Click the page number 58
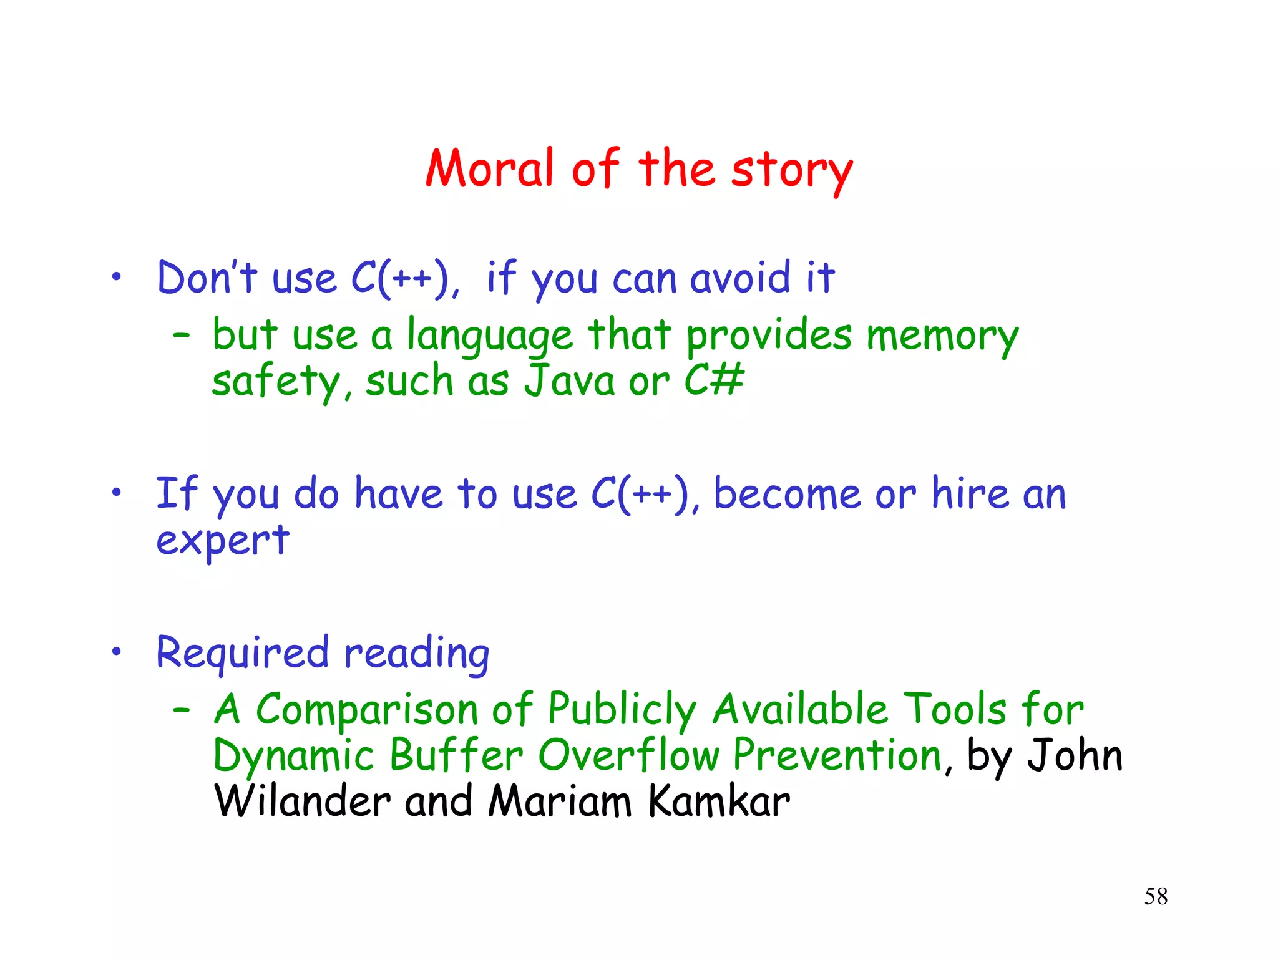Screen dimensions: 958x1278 [1156, 896]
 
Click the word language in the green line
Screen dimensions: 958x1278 [489, 337]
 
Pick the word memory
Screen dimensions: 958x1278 [942, 337]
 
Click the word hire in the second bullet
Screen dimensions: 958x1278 [970, 493]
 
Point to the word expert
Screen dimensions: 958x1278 [223, 541]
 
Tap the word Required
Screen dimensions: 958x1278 [242, 654]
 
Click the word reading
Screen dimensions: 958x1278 [416, 654]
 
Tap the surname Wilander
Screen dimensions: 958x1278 [302, 801]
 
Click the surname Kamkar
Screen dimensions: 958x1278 [719, 801]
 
